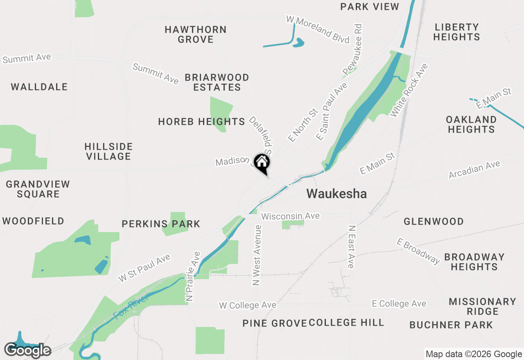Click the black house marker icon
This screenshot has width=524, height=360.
[x=262, y=163]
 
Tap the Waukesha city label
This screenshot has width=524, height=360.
[x=337, y=193]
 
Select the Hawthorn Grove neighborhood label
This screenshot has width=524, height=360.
[x=196, y=34]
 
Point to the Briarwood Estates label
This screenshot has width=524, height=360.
[x=217, y=82]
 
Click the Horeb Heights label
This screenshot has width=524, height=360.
[x=201, y=122]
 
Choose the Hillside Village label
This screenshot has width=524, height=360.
[x=108, y=151]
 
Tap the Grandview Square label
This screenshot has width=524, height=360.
[x=38, y=189]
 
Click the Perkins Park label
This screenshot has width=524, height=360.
[x=161, y=224]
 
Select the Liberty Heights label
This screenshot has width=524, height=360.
[x=456, y=32]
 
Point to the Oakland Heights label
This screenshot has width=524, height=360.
[x=471, y=124]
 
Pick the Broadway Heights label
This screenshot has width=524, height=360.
[x=474, y=262]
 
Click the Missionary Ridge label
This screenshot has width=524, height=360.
[x=482, y=306]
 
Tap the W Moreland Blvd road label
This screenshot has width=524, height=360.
[x=318, y=29]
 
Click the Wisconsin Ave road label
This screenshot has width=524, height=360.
[x=290, y=216]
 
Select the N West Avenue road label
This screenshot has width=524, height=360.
[x=257, y=255]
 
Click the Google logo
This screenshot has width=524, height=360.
[x=28, y=350]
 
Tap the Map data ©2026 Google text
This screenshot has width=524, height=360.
[x=474, y=354]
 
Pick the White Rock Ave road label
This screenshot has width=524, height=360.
[x=409, y=90]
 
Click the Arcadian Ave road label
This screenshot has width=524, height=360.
[x=474, y=169]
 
